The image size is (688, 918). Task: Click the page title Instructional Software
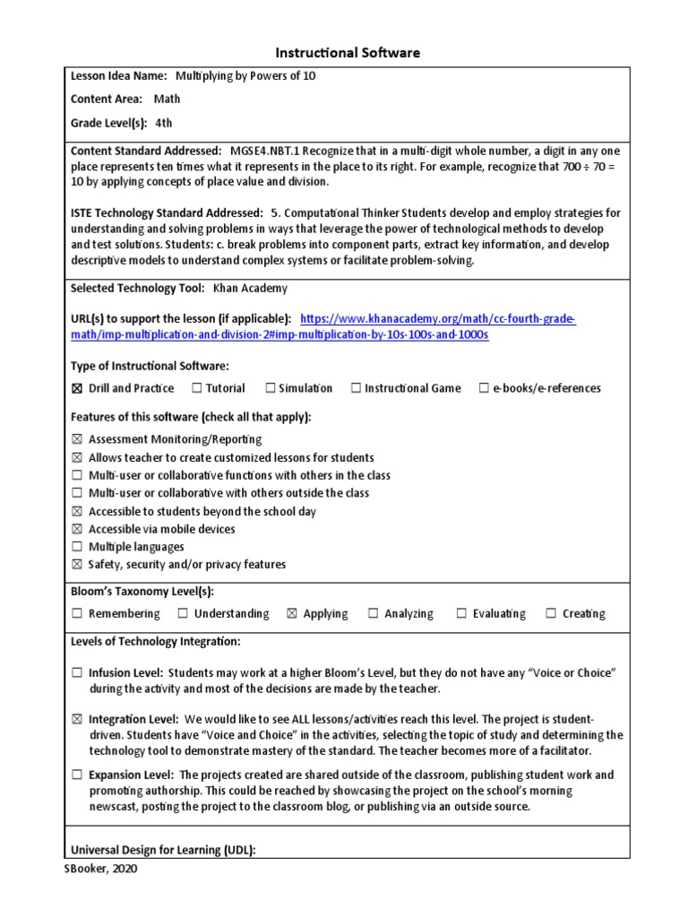click(345, 53)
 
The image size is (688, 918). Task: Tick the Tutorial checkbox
click(196, 388)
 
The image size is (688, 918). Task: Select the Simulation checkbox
click(270, 388)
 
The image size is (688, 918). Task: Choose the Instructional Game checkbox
click(356, 388)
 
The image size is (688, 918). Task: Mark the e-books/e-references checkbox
click(484, 388)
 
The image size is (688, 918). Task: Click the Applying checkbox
click(291, 614)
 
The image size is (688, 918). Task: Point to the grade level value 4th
click(163, 123)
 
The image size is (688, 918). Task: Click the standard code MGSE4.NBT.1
click(262, 152)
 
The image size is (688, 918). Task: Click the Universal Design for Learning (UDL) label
click(163, 850)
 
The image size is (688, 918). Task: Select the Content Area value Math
click(168, 100)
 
